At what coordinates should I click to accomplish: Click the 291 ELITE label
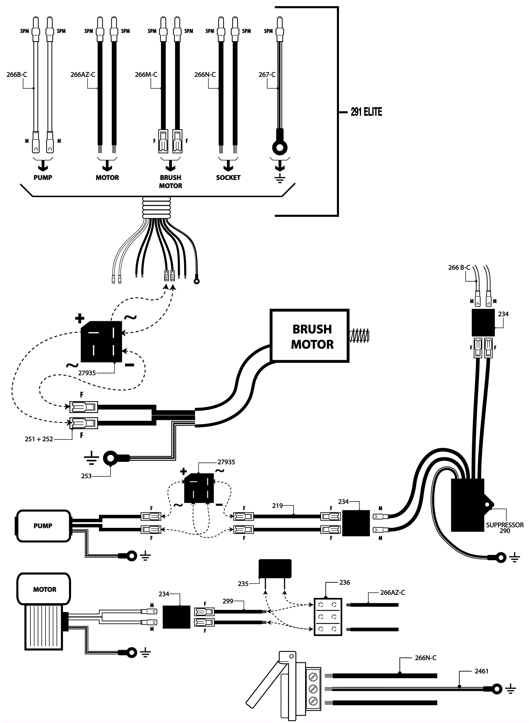[x=366, y=112]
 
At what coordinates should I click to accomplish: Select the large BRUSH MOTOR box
[x=309, y=336]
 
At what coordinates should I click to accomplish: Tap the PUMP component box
[x=43, y=526]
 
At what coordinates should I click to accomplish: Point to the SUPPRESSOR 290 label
[x=505, y=528]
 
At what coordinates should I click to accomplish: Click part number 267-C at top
[x=267, y=75]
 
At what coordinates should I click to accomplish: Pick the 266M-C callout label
[x=146, y=75]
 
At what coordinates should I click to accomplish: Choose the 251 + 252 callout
[x=39, y=439]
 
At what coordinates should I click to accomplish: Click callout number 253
[x=86, y=476]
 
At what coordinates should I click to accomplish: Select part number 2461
[x=481, y=671]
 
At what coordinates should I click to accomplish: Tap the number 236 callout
[x=344, y=582]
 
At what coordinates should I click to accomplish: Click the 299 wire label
[x=228, y=601]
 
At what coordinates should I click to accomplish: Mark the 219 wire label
[x=277, y=506]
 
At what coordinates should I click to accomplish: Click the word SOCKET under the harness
[x=228, y=178]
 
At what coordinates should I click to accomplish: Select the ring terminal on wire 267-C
[x=280, y=147]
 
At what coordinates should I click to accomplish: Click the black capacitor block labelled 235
[x=275, y=568]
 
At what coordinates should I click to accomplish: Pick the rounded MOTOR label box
[x=44, y=589]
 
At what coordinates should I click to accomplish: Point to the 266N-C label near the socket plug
[x=425, y=658]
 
